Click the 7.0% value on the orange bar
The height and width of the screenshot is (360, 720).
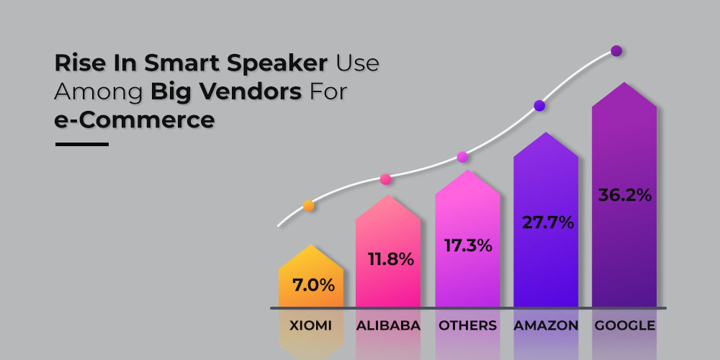(314, 286)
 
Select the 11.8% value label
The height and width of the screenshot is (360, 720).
(391, 259)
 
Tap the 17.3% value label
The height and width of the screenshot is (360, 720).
(468, 246)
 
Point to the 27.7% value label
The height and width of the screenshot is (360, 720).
(548, 222)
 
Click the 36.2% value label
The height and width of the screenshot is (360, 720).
(624, 195)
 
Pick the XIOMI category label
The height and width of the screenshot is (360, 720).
(310, 325)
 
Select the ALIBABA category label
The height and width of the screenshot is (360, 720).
(388, 325)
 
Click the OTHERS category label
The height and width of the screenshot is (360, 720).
(467, 325)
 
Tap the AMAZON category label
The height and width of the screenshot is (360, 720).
(546, 325)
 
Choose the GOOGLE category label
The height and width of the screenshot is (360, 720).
(625, 325)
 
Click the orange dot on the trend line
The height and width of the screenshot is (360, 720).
(309, 206)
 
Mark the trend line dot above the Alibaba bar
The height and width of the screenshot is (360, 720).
(385, 179)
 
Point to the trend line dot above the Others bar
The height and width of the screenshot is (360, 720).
(462, 157)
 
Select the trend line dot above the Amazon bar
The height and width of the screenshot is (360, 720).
(539, 106)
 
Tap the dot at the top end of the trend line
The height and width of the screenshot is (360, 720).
(616, 51)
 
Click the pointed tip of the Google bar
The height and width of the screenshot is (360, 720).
(624, 83)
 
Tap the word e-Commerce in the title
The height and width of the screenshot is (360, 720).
(135, 120)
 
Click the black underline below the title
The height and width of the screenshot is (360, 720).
(82, 144)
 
